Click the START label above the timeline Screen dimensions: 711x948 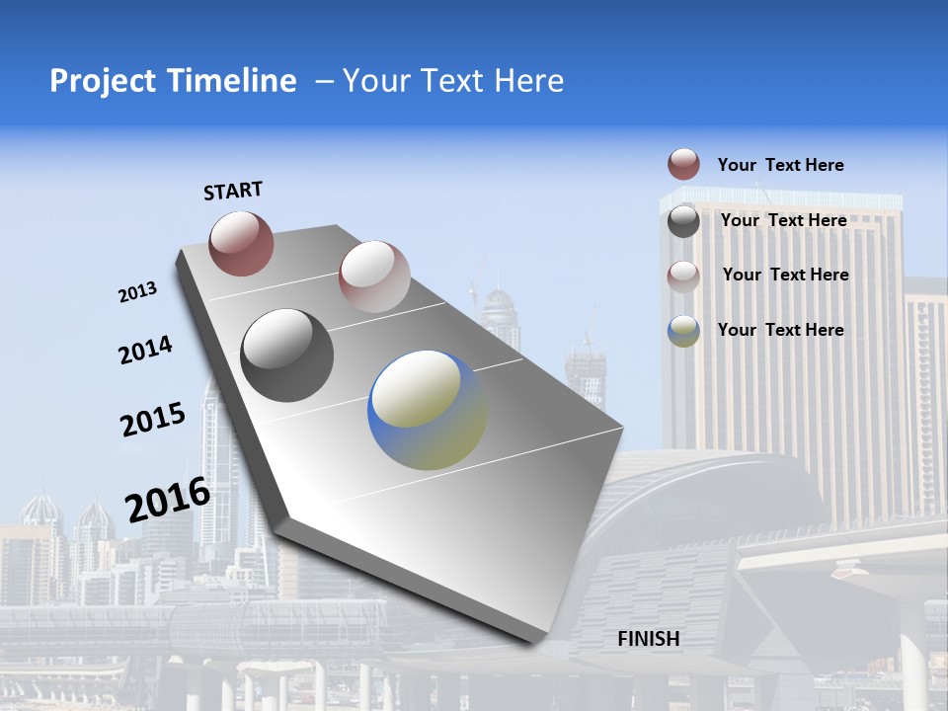233,191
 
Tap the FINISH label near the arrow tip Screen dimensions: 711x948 649,639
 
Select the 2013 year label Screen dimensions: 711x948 137,292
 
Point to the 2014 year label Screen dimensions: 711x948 145,351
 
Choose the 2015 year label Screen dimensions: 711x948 153,420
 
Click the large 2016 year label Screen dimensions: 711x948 168,500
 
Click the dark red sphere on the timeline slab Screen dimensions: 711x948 241,243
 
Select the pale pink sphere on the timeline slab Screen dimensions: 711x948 374,276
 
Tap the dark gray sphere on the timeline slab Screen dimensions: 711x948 287,355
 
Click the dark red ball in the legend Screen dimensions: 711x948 683,165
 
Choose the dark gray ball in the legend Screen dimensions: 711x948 683,221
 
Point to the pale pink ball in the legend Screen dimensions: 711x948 683,276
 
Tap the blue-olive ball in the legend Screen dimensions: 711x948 683,331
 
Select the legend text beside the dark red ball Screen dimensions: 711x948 780,165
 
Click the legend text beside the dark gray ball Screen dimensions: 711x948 783,220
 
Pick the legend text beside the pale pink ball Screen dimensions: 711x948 785,275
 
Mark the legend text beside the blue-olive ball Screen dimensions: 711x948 780,330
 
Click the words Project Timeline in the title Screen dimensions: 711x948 173,81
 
